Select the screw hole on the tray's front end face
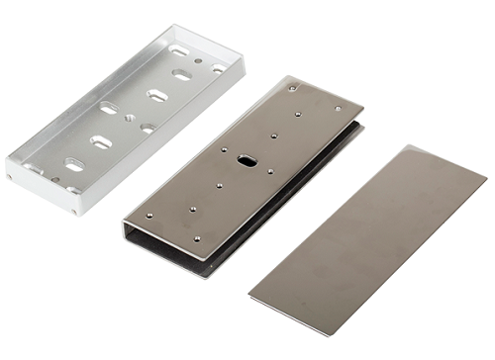coord(75,209)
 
